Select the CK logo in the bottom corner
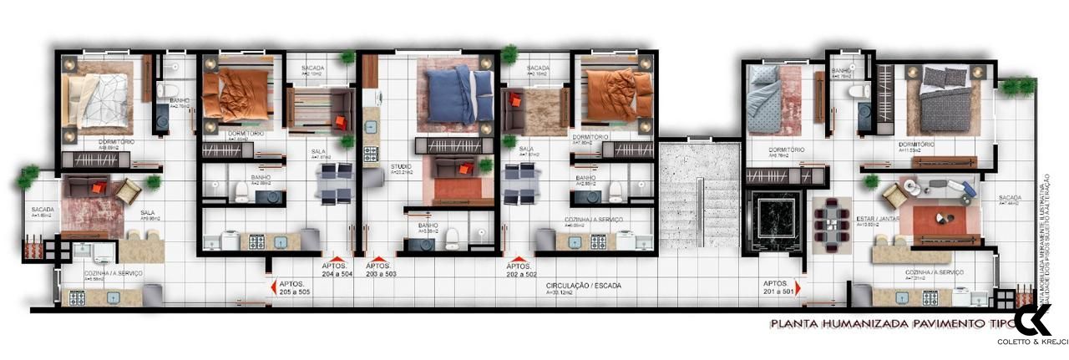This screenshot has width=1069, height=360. (x=1034, y=320)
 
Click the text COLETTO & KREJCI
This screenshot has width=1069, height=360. (x=1033, y=342)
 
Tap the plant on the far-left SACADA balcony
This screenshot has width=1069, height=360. (x=28, y=175)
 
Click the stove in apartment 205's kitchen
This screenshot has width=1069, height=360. (x=78, y=297)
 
